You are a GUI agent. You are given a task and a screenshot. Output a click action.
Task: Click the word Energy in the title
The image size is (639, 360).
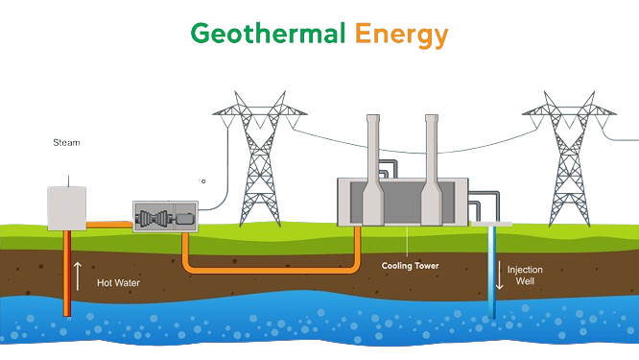point(400,36)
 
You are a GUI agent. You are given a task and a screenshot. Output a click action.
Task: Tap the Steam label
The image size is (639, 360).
point(65,142)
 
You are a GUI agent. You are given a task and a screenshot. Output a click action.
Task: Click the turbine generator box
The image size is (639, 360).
point(164,220)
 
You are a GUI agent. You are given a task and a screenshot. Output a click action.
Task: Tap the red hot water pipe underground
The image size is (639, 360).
point(69,278)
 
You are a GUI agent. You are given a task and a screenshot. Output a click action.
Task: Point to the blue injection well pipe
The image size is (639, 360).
point(492,274)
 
